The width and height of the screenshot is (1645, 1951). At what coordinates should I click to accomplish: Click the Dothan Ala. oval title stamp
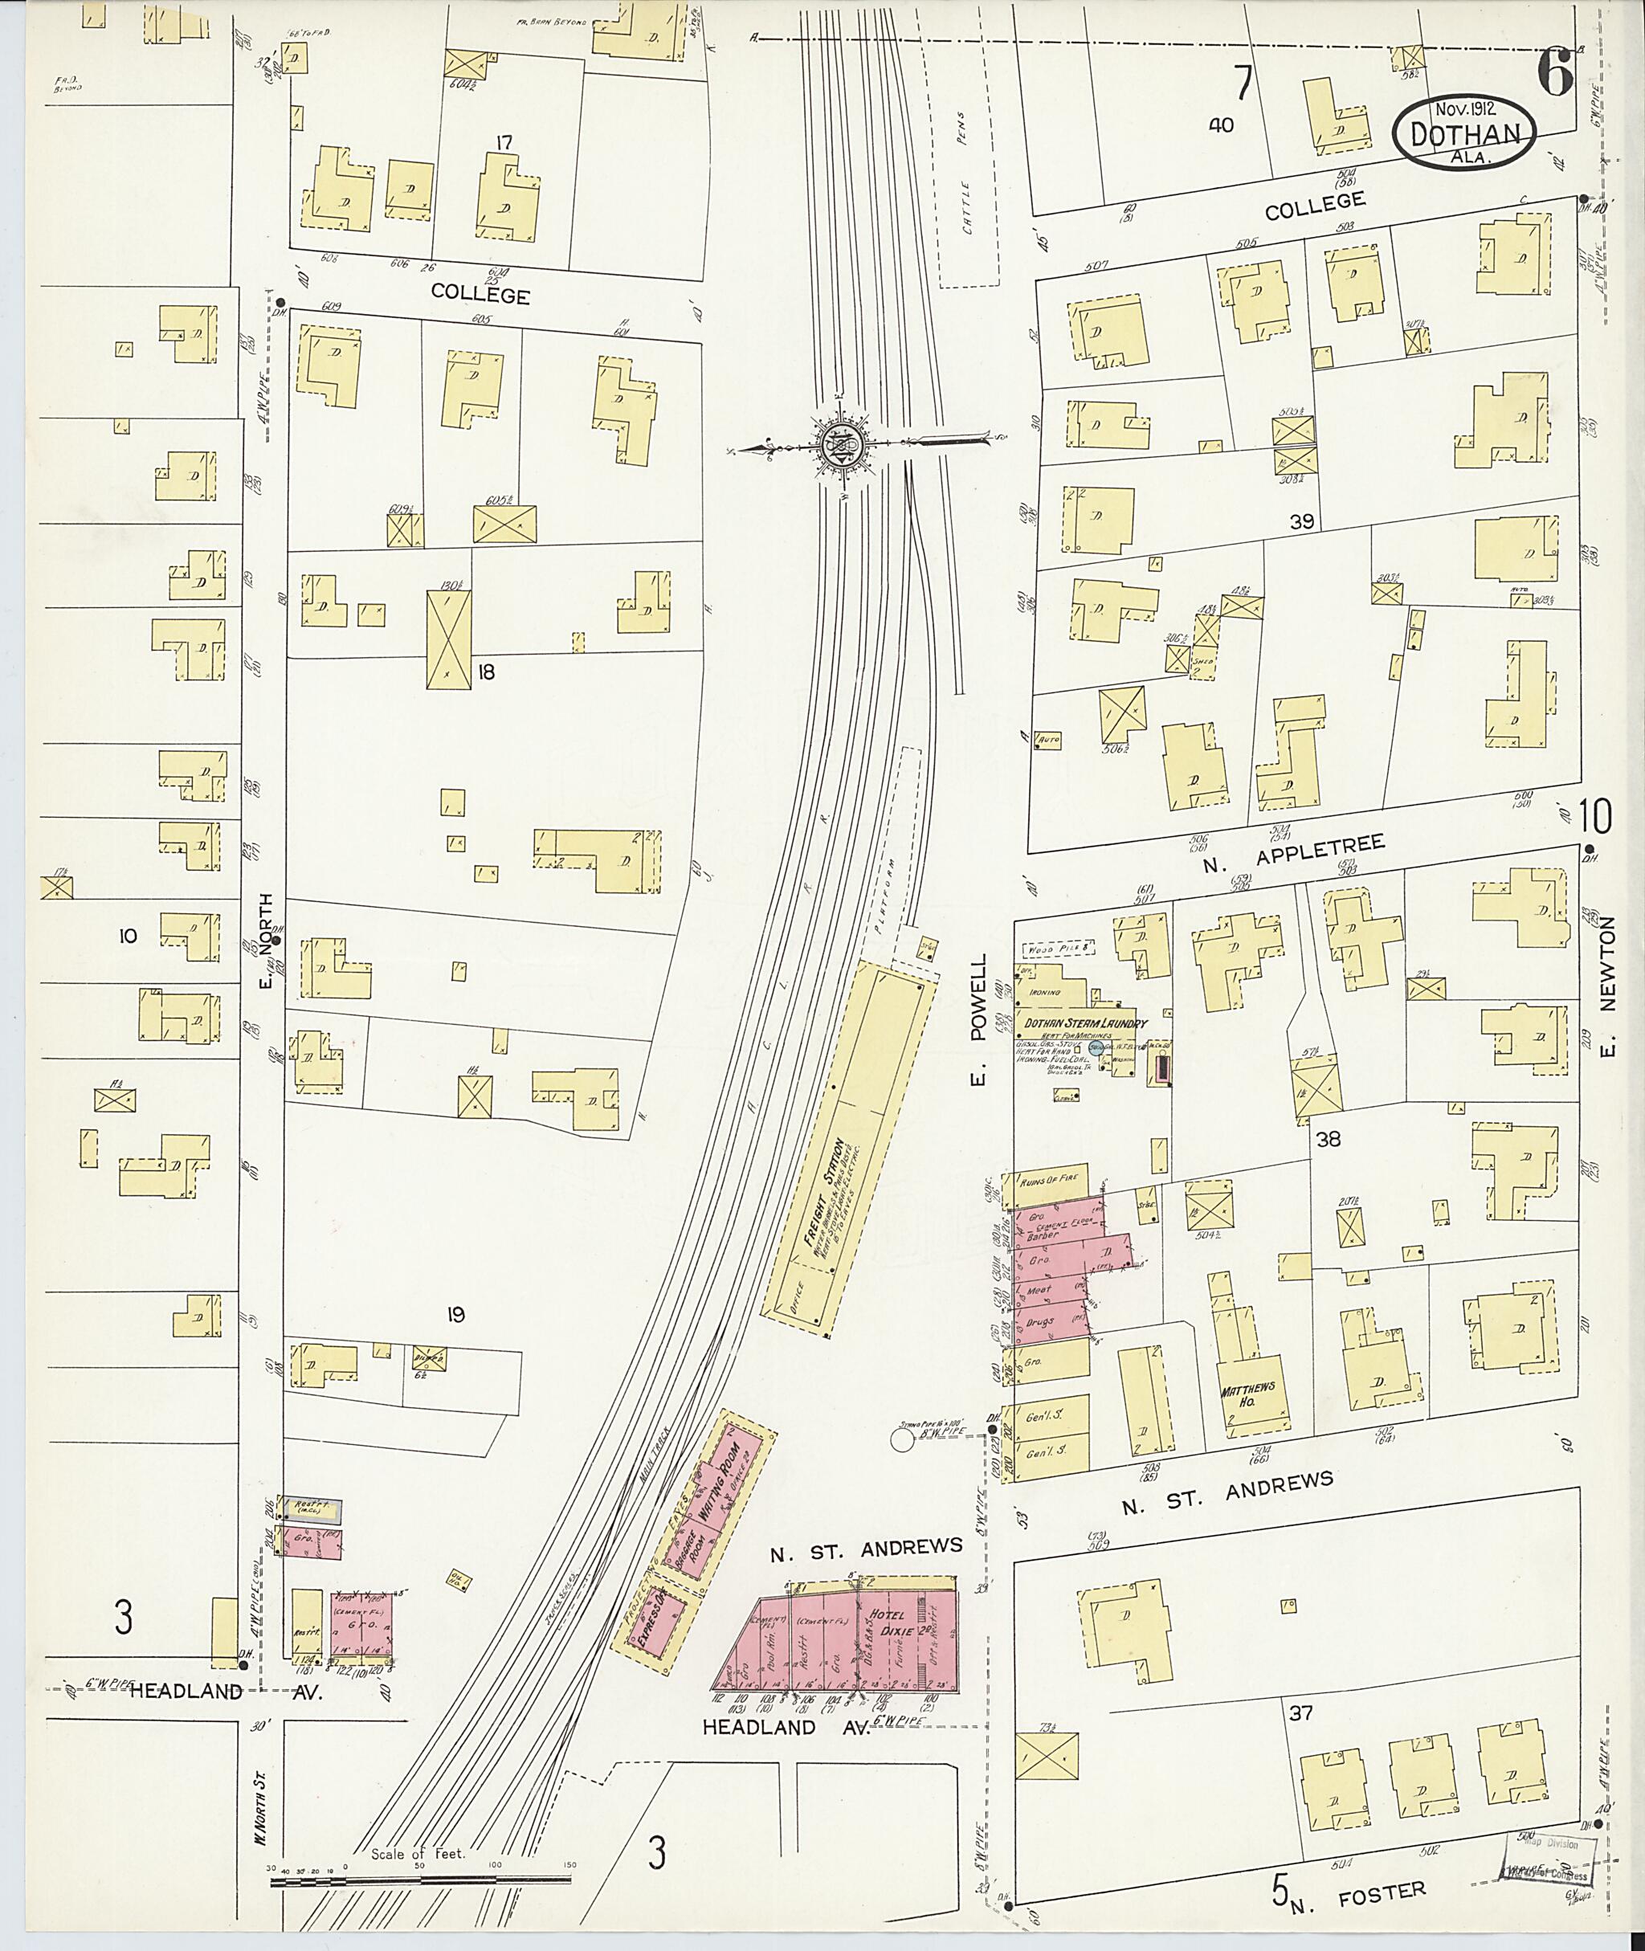pos(1465,135)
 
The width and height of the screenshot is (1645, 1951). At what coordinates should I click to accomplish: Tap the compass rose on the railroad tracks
pos(842,448)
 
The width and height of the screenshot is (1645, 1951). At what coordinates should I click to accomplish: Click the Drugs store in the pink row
pos(1040,1322)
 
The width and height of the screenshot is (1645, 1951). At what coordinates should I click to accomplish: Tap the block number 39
pos(1301,522)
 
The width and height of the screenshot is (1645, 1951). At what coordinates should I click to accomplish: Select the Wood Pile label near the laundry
pos(1055,949)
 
